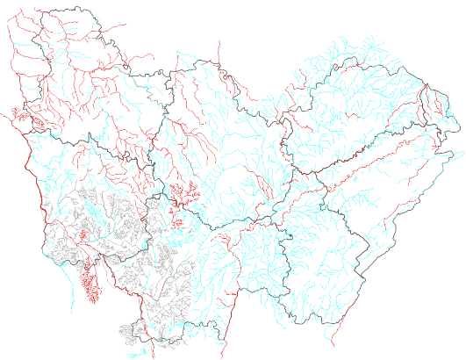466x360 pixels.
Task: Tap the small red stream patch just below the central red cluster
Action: point(178,220)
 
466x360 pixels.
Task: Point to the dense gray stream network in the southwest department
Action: point(97,220)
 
